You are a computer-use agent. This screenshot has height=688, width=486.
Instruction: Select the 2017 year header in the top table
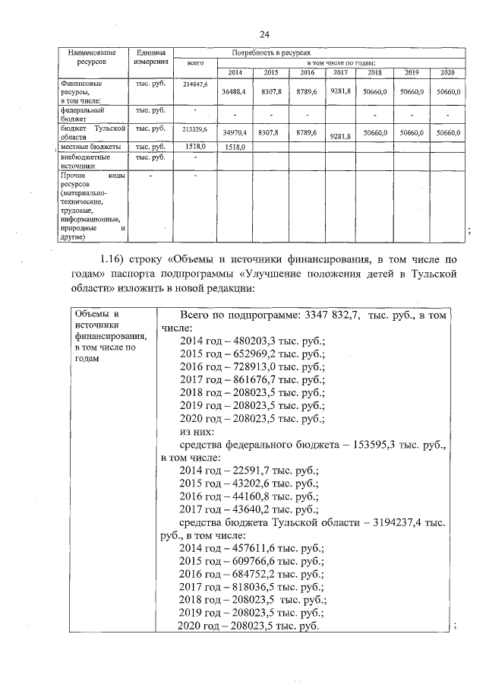[339, 72]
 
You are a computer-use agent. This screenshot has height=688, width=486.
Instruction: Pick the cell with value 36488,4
[233, 91]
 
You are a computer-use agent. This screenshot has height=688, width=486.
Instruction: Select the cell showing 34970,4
[233, 133]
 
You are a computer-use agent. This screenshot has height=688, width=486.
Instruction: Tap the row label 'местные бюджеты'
[90, 146]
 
